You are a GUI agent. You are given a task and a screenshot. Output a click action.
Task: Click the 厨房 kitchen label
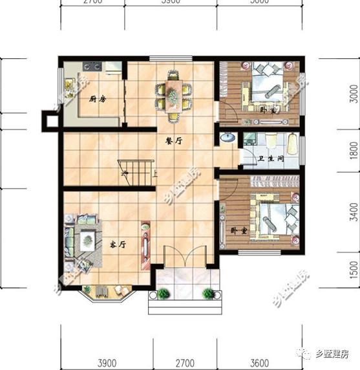[98, 99]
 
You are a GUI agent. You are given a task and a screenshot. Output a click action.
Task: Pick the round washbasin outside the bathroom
[228, 138]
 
